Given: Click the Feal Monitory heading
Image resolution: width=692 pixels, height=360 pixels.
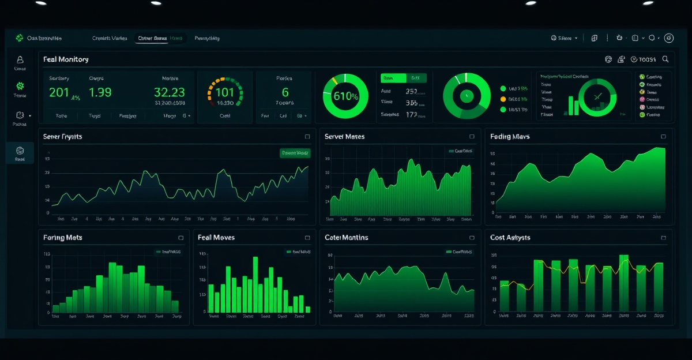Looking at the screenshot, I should click(x=65, y=59).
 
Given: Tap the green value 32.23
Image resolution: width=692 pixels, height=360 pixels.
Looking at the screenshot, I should click(x=169, y=92).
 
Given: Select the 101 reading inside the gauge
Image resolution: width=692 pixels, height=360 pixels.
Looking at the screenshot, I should click(x=225, y=92).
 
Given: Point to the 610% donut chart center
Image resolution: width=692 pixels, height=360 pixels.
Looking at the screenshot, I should click(x=345, y=96).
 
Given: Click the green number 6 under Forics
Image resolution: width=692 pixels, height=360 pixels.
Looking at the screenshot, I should click(x=285, y=92).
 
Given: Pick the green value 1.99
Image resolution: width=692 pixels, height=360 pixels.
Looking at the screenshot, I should click(x=100, y=92).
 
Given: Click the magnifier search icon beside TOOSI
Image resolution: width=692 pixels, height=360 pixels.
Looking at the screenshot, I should click(x=665, y=59).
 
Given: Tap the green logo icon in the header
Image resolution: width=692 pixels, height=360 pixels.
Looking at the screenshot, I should click(x=19, y=38).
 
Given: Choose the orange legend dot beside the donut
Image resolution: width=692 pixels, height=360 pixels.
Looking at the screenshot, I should click(x=503, y=99).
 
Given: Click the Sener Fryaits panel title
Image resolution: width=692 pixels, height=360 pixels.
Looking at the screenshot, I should click(x=62, y=137).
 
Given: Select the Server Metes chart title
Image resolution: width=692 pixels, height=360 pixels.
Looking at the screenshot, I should click(x=344, y=137).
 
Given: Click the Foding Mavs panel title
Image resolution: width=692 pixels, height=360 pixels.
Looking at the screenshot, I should click(x=510, y=137).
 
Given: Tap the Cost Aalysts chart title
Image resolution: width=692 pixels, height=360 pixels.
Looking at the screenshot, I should click(x=510, y=237).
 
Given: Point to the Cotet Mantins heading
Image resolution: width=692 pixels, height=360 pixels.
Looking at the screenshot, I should click(x=346, y=237).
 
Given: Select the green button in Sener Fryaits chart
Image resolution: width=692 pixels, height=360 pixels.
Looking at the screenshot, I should click(x=295, y=153).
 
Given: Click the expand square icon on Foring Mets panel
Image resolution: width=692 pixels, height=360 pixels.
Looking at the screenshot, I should click(x=180, y=238).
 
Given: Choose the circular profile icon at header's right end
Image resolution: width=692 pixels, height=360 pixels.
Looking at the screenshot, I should click(x=669, y=38).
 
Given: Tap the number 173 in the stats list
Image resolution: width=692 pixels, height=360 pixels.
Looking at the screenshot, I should click(x=412, y=115).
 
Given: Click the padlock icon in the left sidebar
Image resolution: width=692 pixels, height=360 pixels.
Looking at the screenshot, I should click(x=20, y=59).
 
